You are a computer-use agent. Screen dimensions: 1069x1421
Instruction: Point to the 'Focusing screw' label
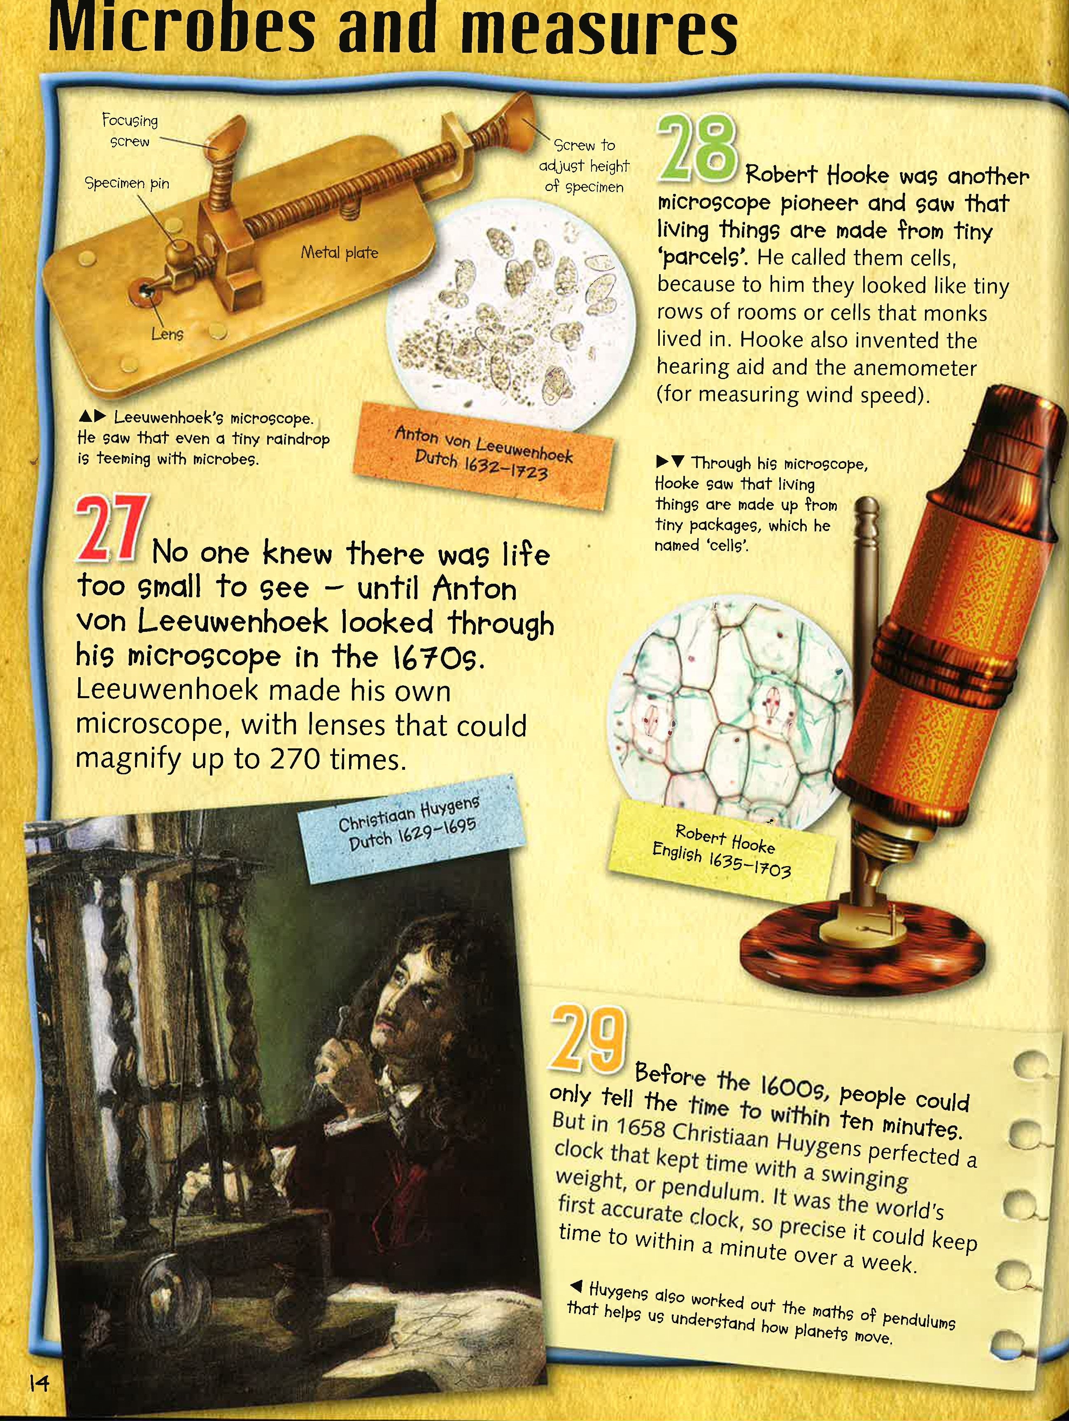click(x=130, y=130)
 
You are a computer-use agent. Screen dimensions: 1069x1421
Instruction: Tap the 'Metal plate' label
click(x=339, y=252)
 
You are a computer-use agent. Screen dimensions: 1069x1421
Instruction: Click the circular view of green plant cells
click(x=731, y=712)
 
